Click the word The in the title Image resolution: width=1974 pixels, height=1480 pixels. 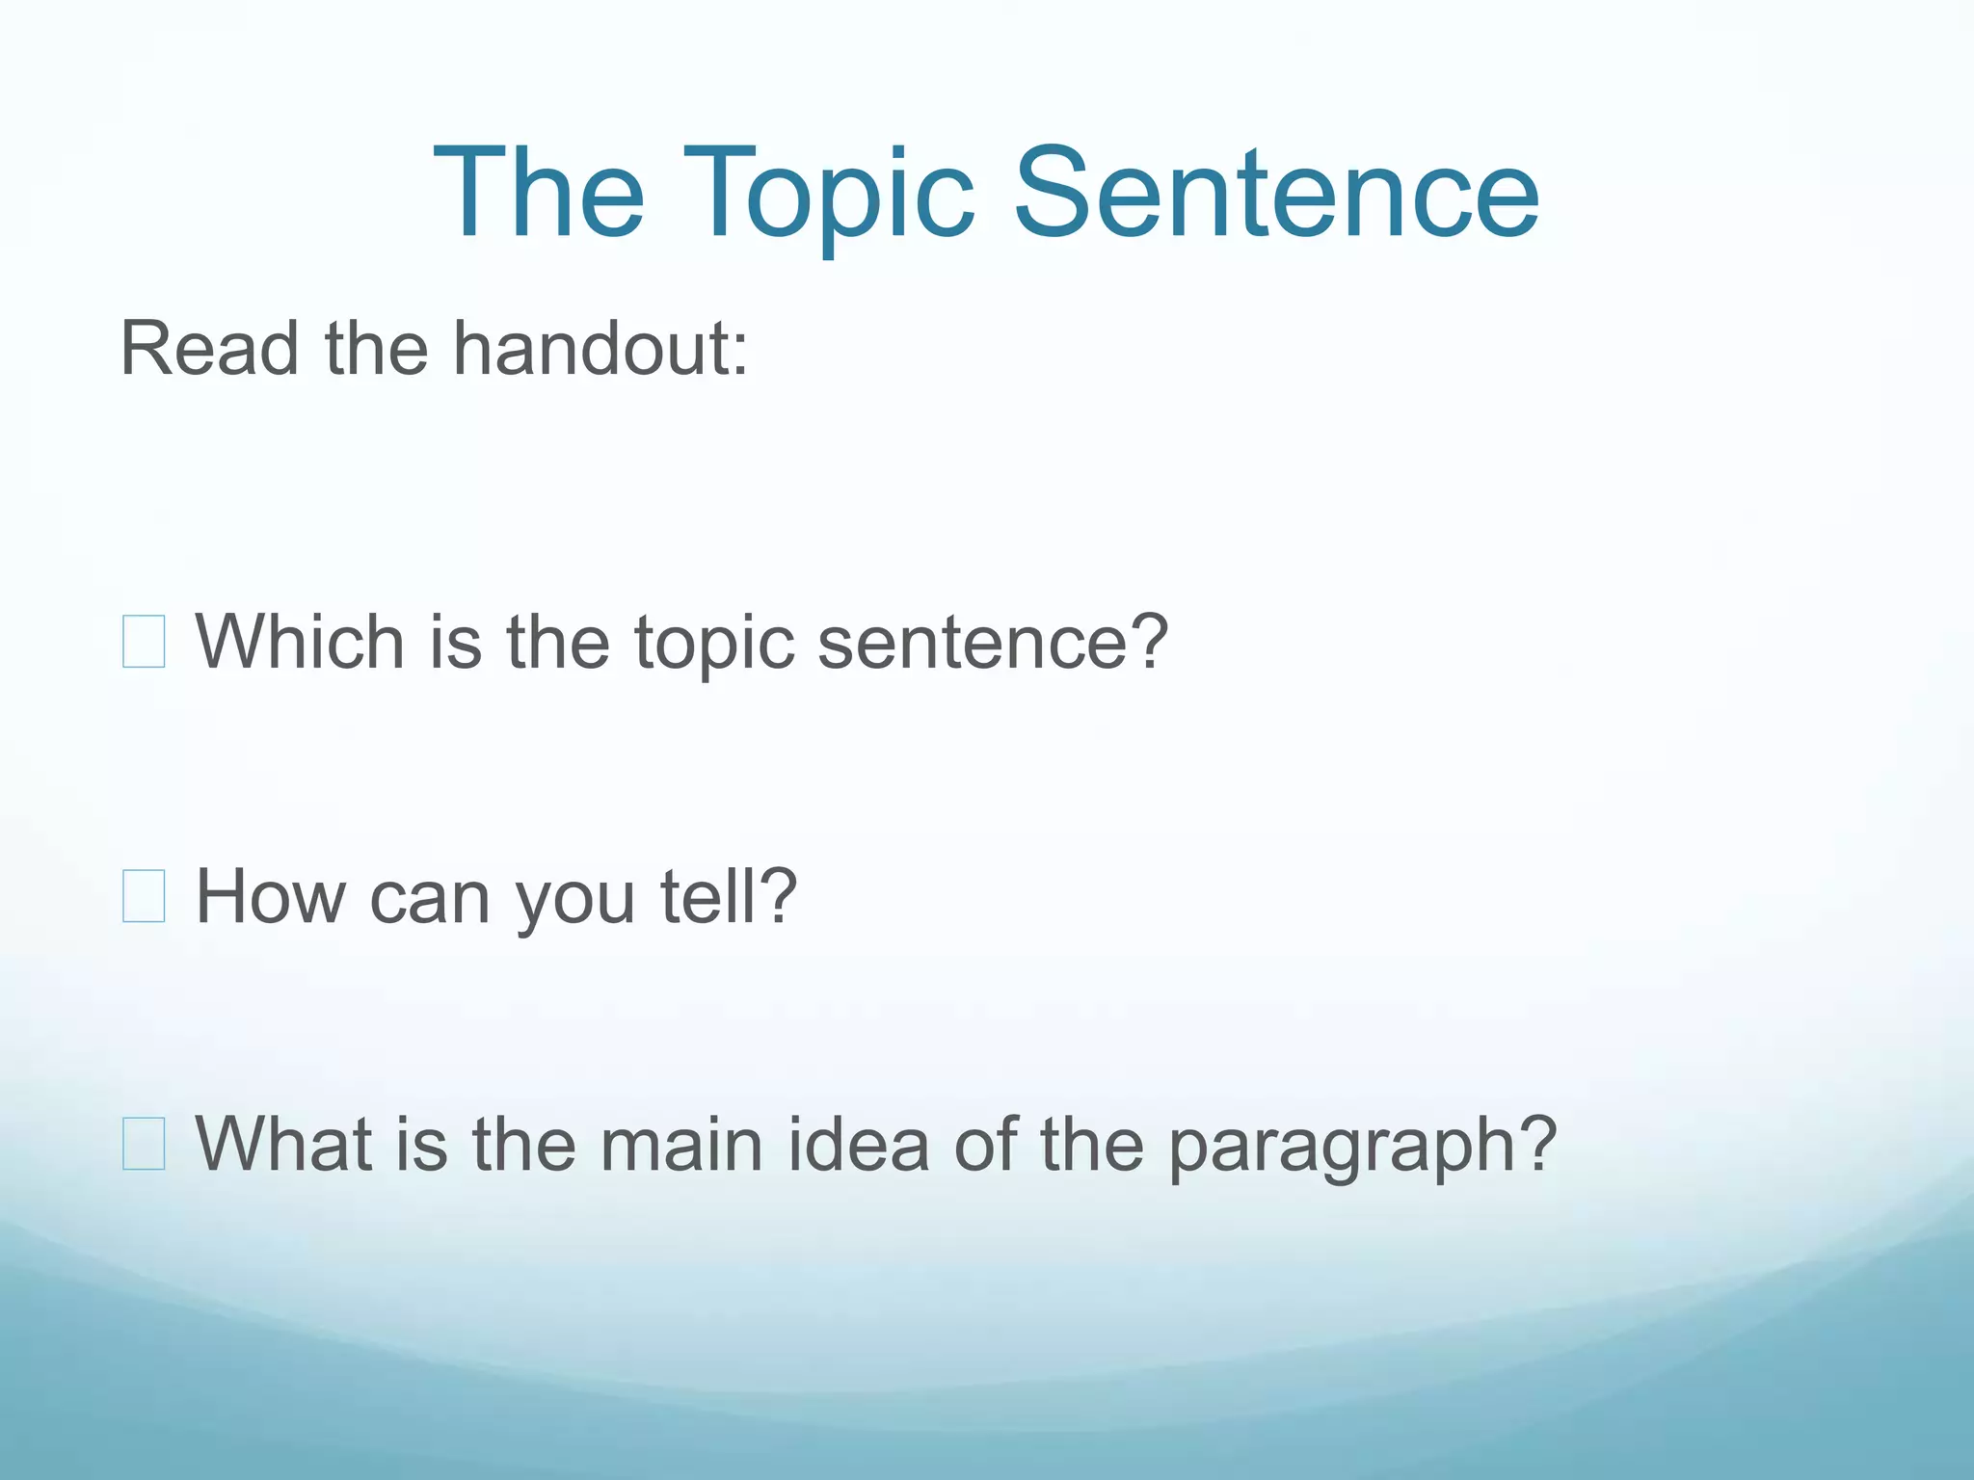[x=539, y=192]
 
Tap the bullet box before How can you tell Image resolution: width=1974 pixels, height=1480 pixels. [x=144, y=897]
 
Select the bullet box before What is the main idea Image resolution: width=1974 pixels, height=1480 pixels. [x=144, y=1145]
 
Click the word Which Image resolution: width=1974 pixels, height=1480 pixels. [x=300, y=642]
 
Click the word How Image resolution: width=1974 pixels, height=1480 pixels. [x=270, y=897]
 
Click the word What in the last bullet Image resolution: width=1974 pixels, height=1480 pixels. [x=284, y=1145]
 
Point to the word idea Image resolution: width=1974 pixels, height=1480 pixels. [x=858, y=1145]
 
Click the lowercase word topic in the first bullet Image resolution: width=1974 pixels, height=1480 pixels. [x=714, y=644]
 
